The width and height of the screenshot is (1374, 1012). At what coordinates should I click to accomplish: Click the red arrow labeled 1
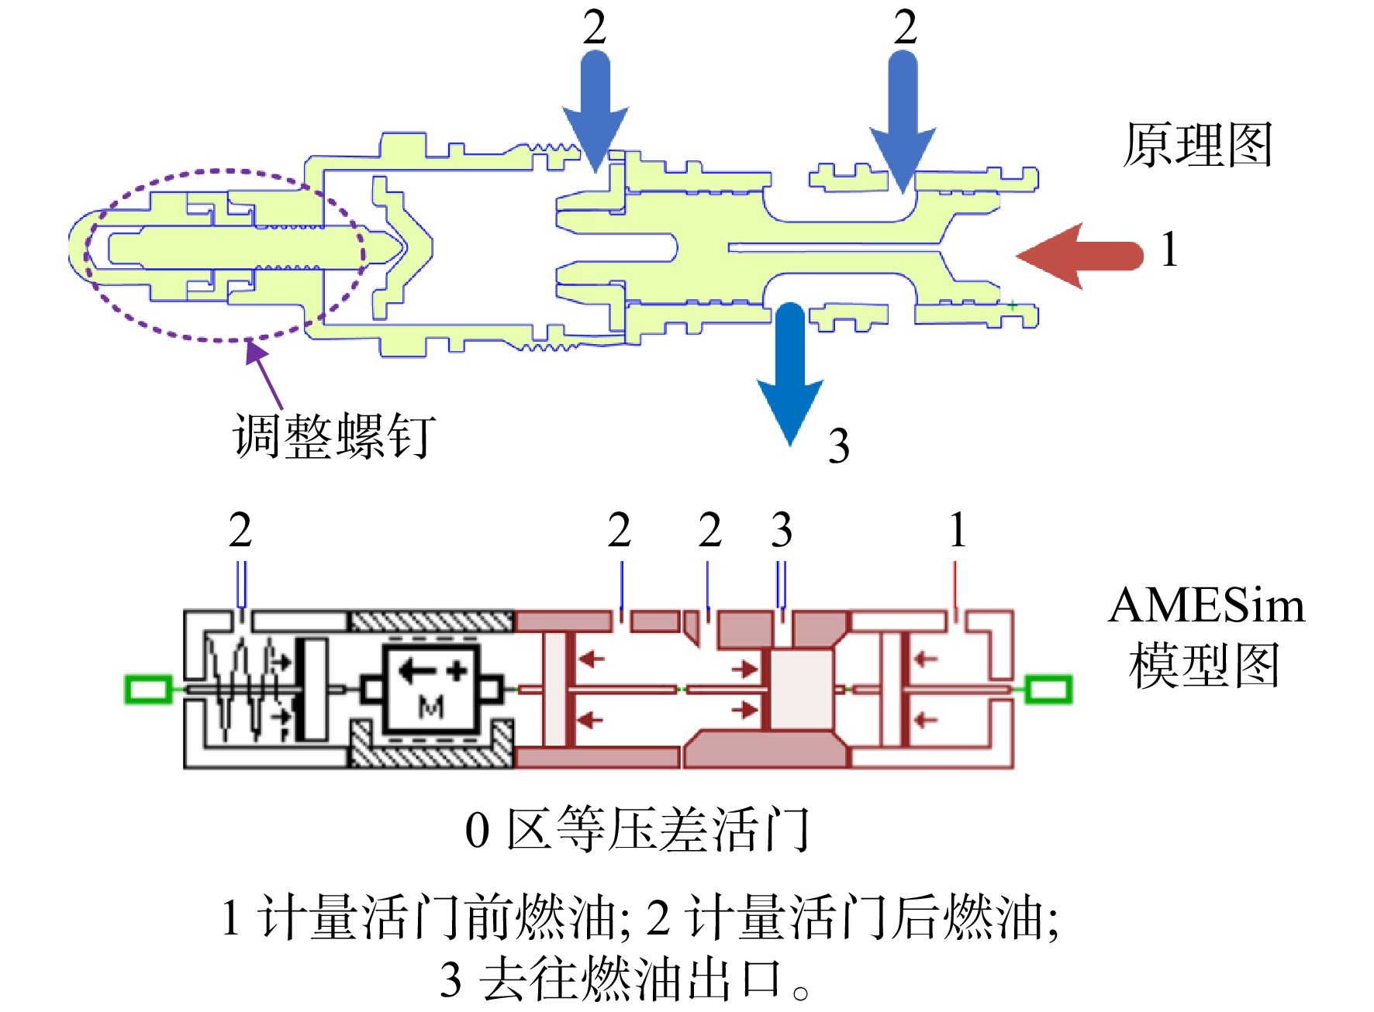click(1080, 256)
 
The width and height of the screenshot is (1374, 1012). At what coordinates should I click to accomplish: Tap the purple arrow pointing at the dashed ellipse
click(264, 375)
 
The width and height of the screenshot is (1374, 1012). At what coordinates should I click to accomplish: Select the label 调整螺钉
click(334, 435)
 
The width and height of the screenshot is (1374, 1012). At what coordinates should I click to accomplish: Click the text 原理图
click(1197, 145)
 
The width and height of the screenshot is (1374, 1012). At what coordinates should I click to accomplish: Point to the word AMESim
click(1207, 605)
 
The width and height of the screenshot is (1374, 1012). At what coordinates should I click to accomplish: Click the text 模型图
click(1204, 665)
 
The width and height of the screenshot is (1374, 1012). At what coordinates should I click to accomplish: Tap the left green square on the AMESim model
click(148, 689)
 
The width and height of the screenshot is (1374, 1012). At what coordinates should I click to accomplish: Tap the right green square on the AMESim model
click(1048, 689)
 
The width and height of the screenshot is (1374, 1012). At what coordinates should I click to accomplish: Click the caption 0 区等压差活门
click(637, 830)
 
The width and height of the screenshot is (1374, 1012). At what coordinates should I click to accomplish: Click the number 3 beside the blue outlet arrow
click(838, 446)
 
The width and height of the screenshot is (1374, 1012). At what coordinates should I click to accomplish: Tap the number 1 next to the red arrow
click(1170, 250)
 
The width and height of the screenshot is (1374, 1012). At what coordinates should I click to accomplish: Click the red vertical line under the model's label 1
click(955, 586)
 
